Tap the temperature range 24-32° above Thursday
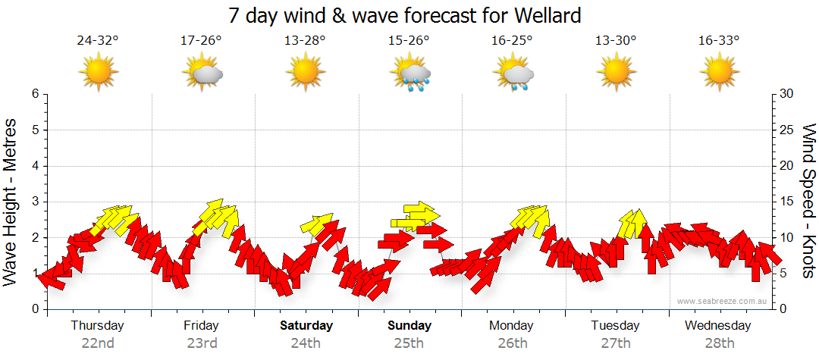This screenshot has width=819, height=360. point(98,41)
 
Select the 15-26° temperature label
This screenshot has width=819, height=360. point(409,41)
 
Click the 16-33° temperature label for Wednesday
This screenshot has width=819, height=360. point(719,41)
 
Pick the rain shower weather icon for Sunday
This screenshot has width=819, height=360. point(410,74)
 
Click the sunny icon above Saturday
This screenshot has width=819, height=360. point(306,73)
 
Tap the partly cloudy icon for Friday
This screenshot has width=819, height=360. point(202,74)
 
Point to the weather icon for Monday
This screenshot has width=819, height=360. point(513,74)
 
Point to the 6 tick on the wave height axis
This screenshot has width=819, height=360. point(34,94)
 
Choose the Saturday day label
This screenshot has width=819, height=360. point(306,326)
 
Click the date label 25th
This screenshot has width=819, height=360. point(409,343)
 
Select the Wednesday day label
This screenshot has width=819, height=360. point(717,326)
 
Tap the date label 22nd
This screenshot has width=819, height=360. point(98,343)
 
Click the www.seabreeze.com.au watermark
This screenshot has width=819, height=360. point(723,301)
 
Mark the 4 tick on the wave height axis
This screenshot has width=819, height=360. point(34,166)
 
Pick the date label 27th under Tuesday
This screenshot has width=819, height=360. point(615,343)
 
